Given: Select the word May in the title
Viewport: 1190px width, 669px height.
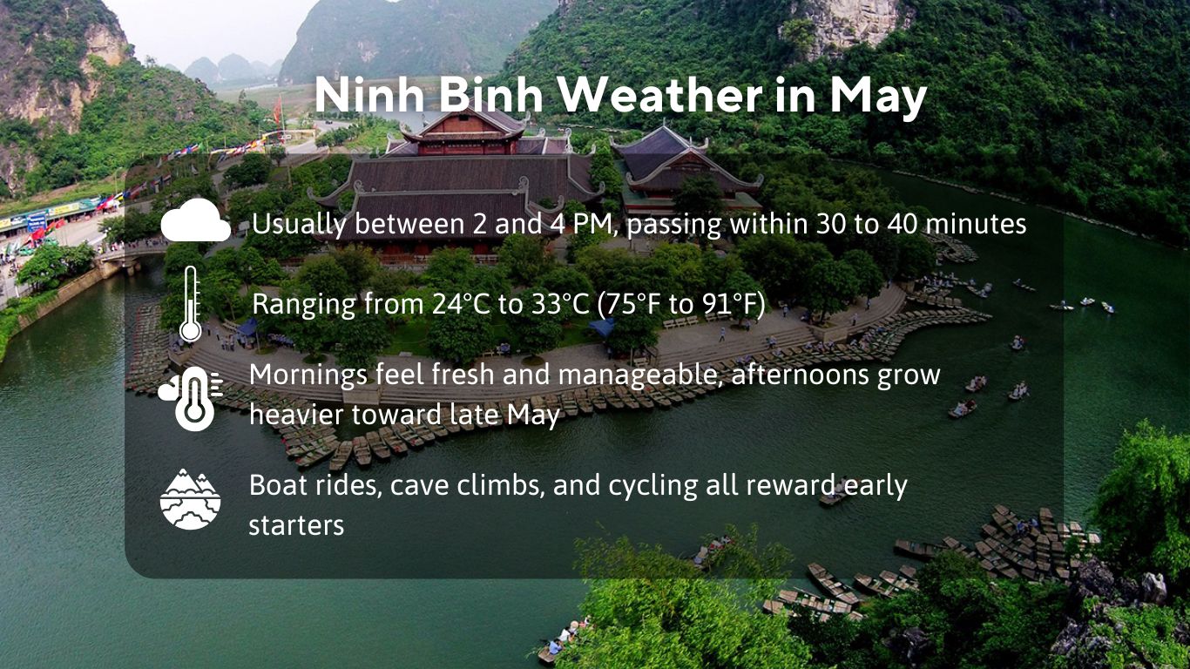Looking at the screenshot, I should (877, 98).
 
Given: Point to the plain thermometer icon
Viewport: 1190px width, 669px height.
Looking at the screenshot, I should (190, 304).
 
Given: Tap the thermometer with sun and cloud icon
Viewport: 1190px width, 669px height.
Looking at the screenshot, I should (191, 397).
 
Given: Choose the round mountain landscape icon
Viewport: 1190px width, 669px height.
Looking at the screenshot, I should (191, 499).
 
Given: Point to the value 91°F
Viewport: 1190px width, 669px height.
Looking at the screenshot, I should (736, 305).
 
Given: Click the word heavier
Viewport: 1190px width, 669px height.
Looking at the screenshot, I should (295, 415).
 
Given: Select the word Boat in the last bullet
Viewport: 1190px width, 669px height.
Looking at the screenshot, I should (274, 485).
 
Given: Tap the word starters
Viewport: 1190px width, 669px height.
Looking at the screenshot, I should (296, 525).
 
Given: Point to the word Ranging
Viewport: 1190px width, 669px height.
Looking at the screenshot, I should (304, 306).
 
